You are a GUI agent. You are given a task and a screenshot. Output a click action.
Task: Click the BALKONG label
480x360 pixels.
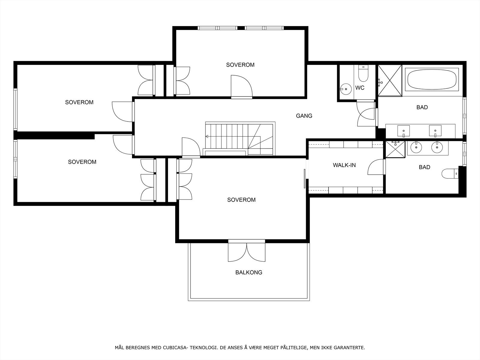249,272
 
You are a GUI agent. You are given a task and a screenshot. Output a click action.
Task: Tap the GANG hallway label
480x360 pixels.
304,115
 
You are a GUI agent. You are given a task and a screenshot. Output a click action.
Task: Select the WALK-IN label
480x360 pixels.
344,165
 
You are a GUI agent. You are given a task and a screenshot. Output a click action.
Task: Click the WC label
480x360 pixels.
360,88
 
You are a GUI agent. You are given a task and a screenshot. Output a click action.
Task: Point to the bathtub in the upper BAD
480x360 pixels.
432,79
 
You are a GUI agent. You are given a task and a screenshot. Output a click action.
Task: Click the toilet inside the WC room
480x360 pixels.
363,74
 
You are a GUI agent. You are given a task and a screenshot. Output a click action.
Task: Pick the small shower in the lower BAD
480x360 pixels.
395,149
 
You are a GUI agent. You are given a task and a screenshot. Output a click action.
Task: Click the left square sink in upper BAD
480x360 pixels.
403,131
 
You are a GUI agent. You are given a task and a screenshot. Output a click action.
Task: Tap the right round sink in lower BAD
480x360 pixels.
437,147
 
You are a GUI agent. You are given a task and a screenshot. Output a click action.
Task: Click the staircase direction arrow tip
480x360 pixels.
206,136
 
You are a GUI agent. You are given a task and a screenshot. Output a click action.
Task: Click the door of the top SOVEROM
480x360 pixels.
241,87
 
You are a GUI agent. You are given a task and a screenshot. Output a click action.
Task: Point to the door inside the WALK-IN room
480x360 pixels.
376,167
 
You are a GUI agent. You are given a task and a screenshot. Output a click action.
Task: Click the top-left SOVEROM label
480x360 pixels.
79,102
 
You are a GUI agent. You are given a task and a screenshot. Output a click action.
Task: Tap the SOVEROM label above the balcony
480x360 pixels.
241,200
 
